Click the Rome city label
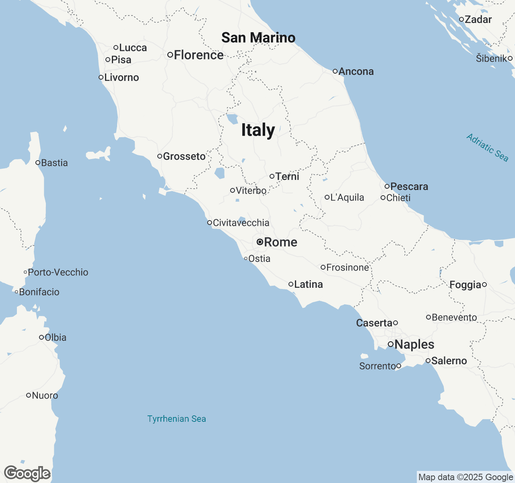pos(280,242)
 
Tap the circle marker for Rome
pos(260,242)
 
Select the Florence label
pos(198,55)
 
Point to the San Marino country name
pos(258,37)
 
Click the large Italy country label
pos(258,130)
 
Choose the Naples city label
pos(414,344)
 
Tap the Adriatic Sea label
pos(487,148)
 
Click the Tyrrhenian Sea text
pos(177,419)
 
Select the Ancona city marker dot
pos(335,71)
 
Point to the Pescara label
pos(409,186)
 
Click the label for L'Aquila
pos(347,197)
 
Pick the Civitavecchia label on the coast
pos(241,223)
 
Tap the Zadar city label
pos(478,19)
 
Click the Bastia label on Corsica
pos(54,163)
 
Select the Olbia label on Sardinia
pos(56,337)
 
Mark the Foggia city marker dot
pos(484,285)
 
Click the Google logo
pos(27,473)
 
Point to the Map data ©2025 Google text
pos(466,477)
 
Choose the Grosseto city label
pos(184,156)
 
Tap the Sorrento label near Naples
pos(377,366)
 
